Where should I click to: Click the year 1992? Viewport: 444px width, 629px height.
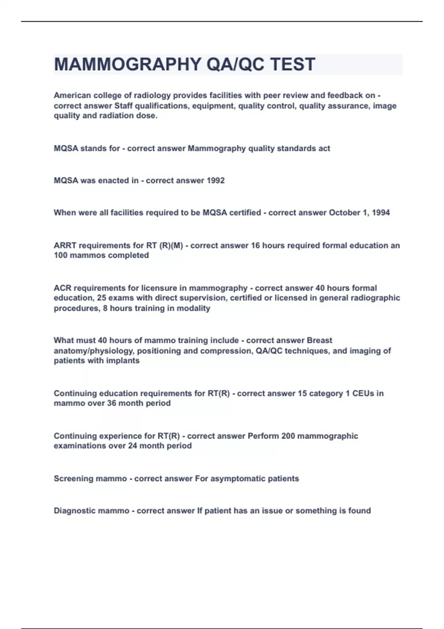coord(216,181)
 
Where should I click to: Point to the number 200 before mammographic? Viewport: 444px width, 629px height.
coord(288,436)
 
